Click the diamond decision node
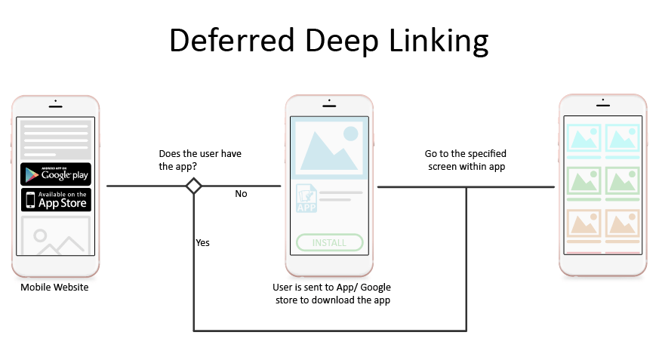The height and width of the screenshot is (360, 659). (194, 186)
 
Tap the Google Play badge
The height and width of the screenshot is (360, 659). (56, 174)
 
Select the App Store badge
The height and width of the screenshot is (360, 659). (56, 199)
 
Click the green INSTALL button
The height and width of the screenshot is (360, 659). (329, 242)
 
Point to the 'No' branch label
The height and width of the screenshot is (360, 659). (241, 194)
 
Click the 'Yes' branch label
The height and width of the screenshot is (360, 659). (202, 242)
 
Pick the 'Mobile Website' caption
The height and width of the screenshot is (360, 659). (54, 288)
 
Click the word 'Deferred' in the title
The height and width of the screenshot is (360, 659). (232, 40)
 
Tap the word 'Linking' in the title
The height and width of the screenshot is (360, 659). (439, 42)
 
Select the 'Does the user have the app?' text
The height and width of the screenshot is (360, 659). (200, 160)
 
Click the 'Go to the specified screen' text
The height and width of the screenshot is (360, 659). (466, 160)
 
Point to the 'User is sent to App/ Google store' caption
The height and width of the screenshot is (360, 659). (332, 294)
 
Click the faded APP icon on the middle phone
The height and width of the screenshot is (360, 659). (306, 198)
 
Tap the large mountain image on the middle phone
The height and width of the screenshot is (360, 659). (329, 147)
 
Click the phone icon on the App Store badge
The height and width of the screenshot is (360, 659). (30, 200)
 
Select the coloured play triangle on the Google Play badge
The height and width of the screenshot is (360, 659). (32, 175)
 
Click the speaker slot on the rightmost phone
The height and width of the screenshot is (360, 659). (603, 105)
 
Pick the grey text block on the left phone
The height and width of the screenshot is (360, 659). (56, 140)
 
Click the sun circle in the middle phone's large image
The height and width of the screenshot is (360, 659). (350, 134)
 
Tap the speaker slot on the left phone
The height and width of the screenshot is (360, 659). (55, 106)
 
